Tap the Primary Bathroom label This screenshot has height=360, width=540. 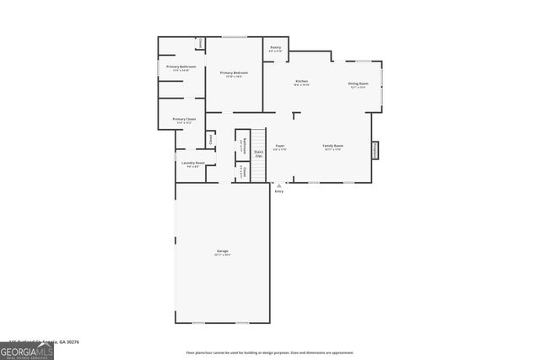(x=181, y=67)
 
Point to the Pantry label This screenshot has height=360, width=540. (x=276, y=48)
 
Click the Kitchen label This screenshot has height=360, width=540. (x=301, y=81)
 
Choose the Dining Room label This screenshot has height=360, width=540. (x=359, y=83)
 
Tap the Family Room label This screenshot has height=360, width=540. (x=332, y=146)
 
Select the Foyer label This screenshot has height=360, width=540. (x=279, y=146)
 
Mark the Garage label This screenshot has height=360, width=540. (x=223, y=251)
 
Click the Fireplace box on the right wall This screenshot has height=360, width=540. (x=375, y=149)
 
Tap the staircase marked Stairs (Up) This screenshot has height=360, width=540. (x=258, y=153)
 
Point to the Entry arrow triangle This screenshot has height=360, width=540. (x=279, y=185)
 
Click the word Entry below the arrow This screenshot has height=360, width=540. (x=279, y=191)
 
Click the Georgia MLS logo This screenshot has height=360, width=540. (x=27, y=352)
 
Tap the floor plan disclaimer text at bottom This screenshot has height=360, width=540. (x=270, y=352)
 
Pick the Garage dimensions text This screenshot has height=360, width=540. (x=223, y=255)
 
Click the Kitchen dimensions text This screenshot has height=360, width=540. (x=301, y=85)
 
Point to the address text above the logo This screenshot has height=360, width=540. (x=42, y=342)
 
